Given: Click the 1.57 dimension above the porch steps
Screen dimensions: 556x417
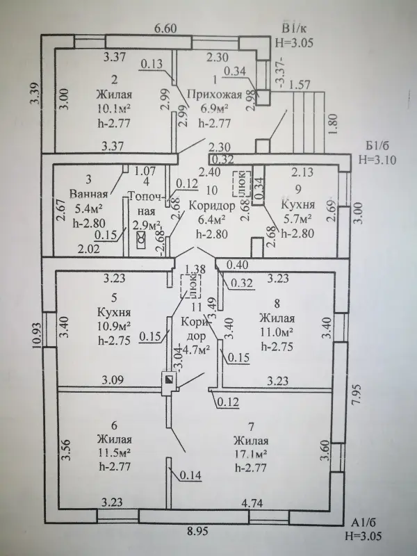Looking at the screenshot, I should (x=302, y=84).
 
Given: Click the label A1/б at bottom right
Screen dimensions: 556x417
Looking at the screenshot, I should (x=363, y=523).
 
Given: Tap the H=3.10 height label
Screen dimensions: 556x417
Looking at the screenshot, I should (x=375, y=158).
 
